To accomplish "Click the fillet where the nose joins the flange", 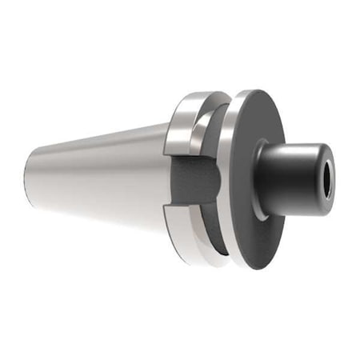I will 262,172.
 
